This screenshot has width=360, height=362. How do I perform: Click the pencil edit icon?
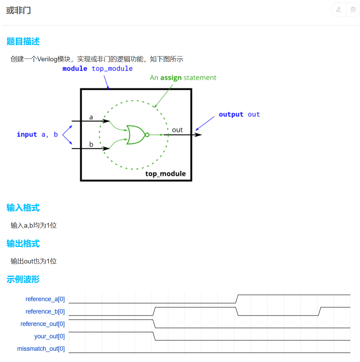(x=339, y=10)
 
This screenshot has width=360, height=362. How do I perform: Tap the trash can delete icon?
(x=353, y=10)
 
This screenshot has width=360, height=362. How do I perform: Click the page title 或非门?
(x=19, y=10)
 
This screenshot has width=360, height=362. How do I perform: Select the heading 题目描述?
(x=23, y=41)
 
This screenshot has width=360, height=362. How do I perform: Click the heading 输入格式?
(x=23, y=208)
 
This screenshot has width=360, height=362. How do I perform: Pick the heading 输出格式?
(x=23, y=244)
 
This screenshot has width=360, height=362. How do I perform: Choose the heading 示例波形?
(x=23, y=279)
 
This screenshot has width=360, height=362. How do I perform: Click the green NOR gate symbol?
(x=137, y=135)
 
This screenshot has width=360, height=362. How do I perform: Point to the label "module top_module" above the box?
(x=98, y=69)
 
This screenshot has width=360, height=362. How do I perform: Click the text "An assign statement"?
(x=183, y=77)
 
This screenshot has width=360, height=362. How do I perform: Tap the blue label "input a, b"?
(x=37, y=134)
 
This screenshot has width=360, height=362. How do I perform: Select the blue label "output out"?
(x=239, y=114)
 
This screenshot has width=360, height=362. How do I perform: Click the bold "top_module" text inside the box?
(x=166, y=174)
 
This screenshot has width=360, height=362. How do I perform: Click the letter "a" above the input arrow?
(x=91, y=117)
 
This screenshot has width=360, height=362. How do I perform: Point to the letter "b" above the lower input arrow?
(x=91, y=144)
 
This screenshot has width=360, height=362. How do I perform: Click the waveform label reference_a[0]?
(x=45, y=299)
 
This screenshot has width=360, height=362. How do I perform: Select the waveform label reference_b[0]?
(x=45, y=311)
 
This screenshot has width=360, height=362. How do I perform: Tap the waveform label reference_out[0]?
(x=42, y=324)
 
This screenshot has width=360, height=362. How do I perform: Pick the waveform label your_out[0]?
(x=49, y=336)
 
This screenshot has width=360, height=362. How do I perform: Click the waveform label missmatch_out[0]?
(x=41, y=349)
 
